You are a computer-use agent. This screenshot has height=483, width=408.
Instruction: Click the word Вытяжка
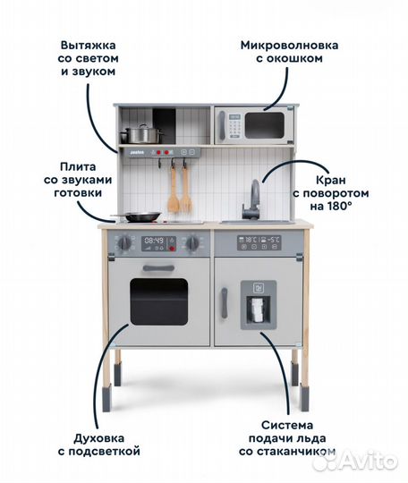point(89,46)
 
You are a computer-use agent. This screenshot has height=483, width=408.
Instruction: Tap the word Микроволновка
point(289,46)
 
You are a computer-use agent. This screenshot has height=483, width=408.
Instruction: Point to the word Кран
point(331,180)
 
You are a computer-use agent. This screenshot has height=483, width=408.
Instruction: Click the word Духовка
point(99,438)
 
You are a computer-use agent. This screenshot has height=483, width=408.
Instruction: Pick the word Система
point(287,426)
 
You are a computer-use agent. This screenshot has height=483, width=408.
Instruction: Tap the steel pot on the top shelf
point(141,134)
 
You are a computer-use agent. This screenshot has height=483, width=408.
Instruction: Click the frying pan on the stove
point(137,216)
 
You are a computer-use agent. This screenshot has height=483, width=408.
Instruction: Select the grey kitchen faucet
point(252,200)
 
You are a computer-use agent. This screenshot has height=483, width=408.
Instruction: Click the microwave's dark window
point(265,125)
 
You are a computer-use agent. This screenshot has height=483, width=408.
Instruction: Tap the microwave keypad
point(234,126)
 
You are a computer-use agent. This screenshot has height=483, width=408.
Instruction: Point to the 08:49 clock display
point(155,241)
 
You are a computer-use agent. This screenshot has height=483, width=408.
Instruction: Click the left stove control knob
point(124,243)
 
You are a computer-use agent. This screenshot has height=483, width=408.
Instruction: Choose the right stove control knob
point(193,243)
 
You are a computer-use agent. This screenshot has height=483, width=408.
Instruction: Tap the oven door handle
point(158,268)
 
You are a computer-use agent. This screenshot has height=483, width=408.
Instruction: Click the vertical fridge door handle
point(225,303)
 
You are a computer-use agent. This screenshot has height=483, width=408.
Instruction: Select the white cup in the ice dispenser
point(257,309)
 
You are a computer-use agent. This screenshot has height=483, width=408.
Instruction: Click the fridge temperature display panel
point(259,242)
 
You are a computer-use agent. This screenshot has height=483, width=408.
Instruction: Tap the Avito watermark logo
point(354,462)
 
